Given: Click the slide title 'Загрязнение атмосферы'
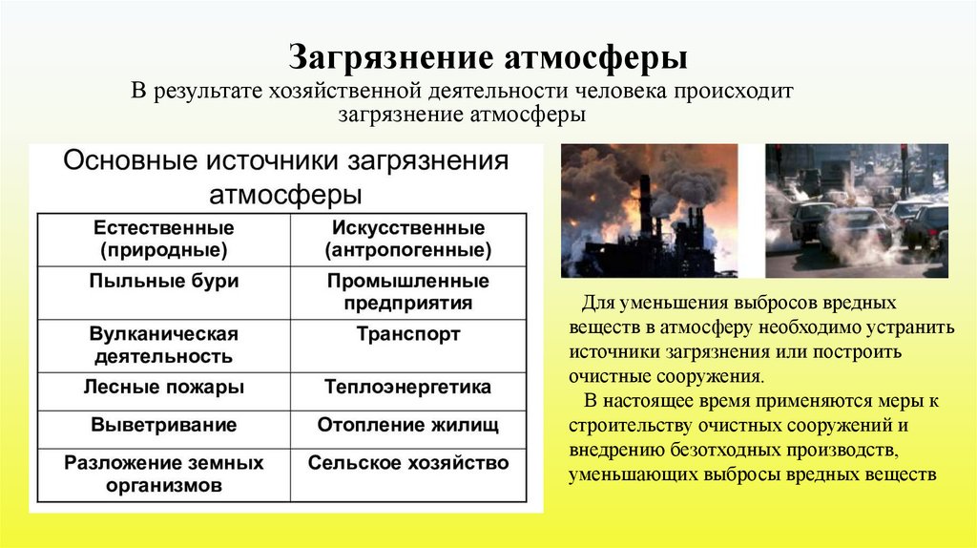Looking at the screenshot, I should [488, 58].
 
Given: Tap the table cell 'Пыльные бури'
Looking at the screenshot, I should [164, 282].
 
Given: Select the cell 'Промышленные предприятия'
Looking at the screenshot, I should [408, 292].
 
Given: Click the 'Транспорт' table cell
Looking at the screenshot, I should [408, 335].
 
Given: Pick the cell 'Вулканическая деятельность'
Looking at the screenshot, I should [164, 346].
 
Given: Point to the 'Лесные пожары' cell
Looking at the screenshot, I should [164, 388].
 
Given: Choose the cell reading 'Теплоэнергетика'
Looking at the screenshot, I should [408, 388].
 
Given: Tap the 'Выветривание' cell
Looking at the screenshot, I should [164, 425].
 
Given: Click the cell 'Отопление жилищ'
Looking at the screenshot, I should [408, 425].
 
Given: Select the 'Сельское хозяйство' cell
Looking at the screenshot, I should [408, 463].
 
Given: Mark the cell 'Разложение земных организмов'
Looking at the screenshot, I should [164, 474].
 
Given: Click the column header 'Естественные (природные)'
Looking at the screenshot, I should [164, 240].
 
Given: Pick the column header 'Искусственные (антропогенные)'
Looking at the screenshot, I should [408, 240].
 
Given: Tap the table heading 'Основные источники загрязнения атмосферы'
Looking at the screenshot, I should [285, 177].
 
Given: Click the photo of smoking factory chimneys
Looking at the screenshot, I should [649, 210].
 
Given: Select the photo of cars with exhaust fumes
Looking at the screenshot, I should [857, 210].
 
